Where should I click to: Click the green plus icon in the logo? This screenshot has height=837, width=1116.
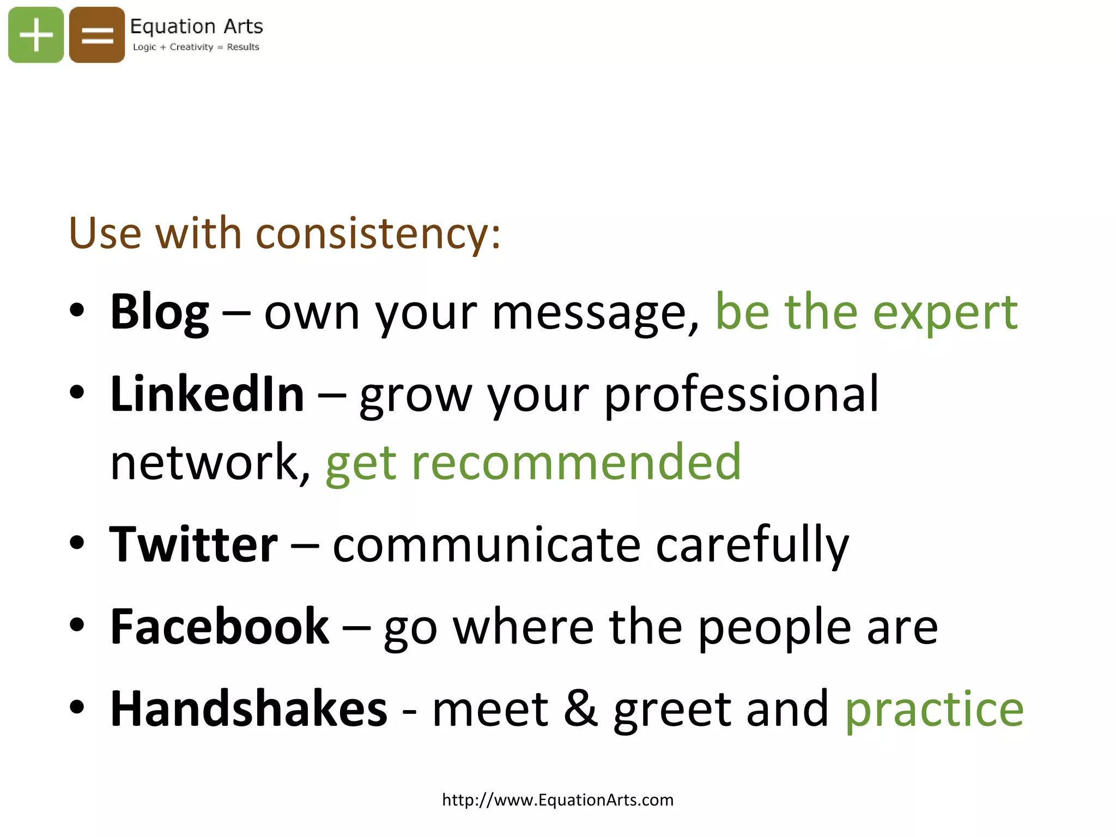tap(36, 35)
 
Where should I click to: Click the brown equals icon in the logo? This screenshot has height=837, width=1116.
tap(97, 35)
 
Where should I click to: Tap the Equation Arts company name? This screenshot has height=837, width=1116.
tap(196, 26)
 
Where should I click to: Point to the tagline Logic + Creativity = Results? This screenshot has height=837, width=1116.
tap(196, 47)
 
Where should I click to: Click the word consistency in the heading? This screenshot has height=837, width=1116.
tap(378, 233)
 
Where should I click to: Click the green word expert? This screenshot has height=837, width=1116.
tap(945, 313)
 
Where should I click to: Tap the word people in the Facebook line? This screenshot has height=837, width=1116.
tap(774, 628)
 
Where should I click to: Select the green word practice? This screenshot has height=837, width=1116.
tap(934, 709)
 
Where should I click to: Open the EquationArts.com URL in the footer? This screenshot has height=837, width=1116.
tap(557, 800)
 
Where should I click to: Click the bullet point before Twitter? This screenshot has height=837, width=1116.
tap(77, 543)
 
